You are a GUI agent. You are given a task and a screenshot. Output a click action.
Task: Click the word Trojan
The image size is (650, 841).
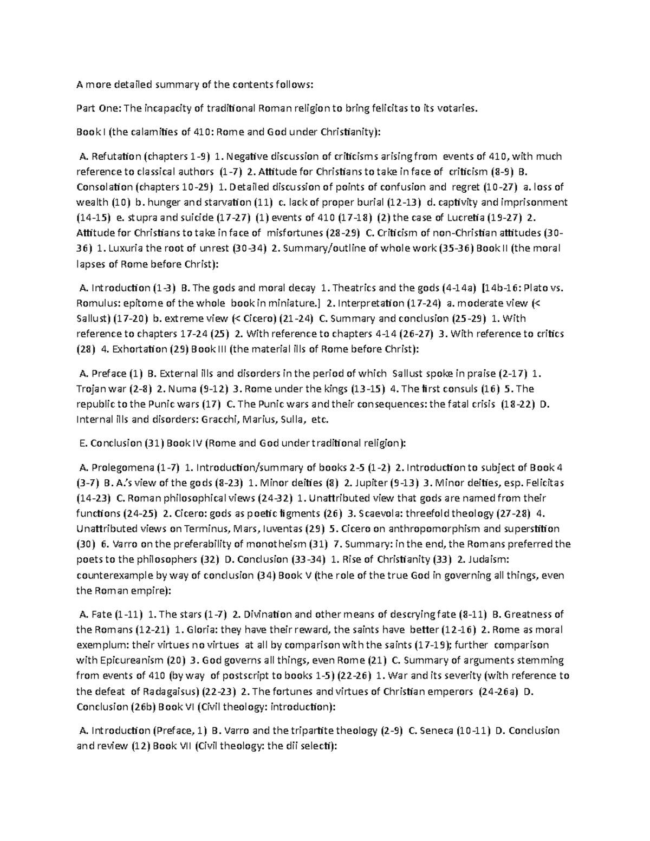tap(92, 389)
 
